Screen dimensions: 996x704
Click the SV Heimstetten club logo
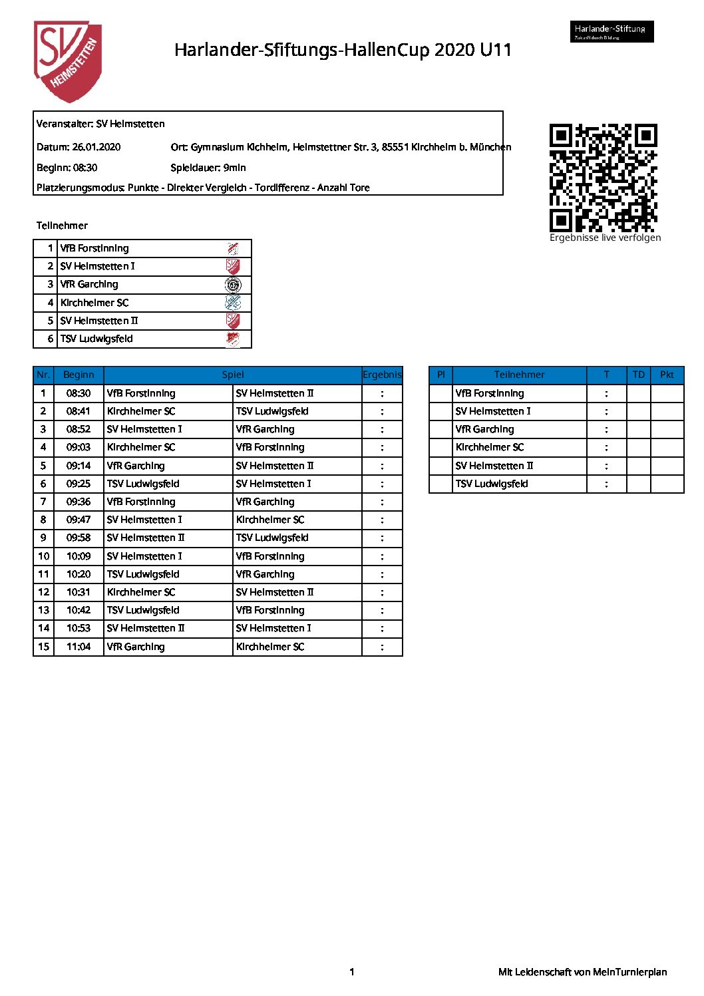point(68,61)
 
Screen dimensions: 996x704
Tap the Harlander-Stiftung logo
point(612,31)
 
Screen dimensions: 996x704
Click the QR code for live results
point(603,178)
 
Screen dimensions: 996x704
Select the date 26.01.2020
point(96,147)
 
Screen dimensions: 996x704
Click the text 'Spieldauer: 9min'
point(208,168)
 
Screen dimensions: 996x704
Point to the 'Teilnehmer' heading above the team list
point(62,226)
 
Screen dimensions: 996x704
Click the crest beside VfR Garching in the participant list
point(233,285)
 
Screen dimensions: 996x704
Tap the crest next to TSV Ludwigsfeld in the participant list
point(233,339)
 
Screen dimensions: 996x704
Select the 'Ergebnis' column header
point(382,375)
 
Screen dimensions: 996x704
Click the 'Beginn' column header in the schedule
point(79,375)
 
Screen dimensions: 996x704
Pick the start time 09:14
point(79,466)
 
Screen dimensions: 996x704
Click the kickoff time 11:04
point(79,647)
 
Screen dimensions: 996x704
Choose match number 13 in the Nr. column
point(43,610)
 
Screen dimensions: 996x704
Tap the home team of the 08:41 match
point(141,411)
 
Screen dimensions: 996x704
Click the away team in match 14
point(273,628)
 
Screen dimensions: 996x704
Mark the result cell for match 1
point(382,393)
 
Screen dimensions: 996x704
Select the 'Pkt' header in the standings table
point(667,375)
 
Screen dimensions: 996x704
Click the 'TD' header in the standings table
point(638,375)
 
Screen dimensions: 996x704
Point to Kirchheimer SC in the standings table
point(490,447)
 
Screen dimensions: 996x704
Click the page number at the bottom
point(352,972)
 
